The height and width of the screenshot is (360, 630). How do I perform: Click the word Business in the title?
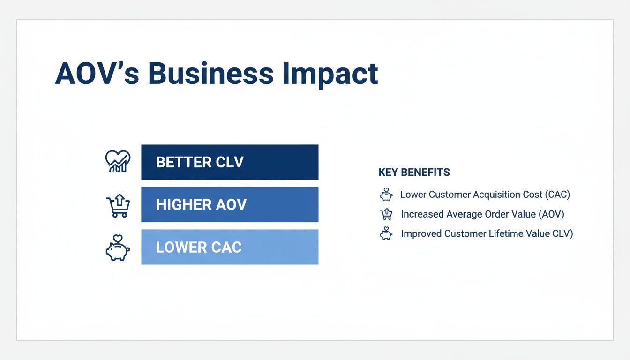(210, 73)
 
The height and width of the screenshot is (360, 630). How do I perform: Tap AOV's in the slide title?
(97, 73)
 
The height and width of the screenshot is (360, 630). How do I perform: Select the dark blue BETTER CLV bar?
(230, 162)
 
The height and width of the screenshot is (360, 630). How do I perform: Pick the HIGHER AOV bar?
(230, 204)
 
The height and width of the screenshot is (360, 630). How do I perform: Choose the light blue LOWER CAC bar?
(230, 247)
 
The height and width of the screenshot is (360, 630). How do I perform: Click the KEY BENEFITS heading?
(414, 172)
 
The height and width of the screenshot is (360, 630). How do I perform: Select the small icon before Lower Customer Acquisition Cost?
(386, 195)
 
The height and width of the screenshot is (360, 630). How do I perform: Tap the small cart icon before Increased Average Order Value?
(386, 214)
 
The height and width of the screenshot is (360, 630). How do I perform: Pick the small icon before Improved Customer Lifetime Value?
(386, 233)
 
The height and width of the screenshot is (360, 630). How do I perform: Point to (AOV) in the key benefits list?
(551, 214)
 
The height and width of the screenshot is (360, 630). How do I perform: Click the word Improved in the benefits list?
(421, 233)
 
